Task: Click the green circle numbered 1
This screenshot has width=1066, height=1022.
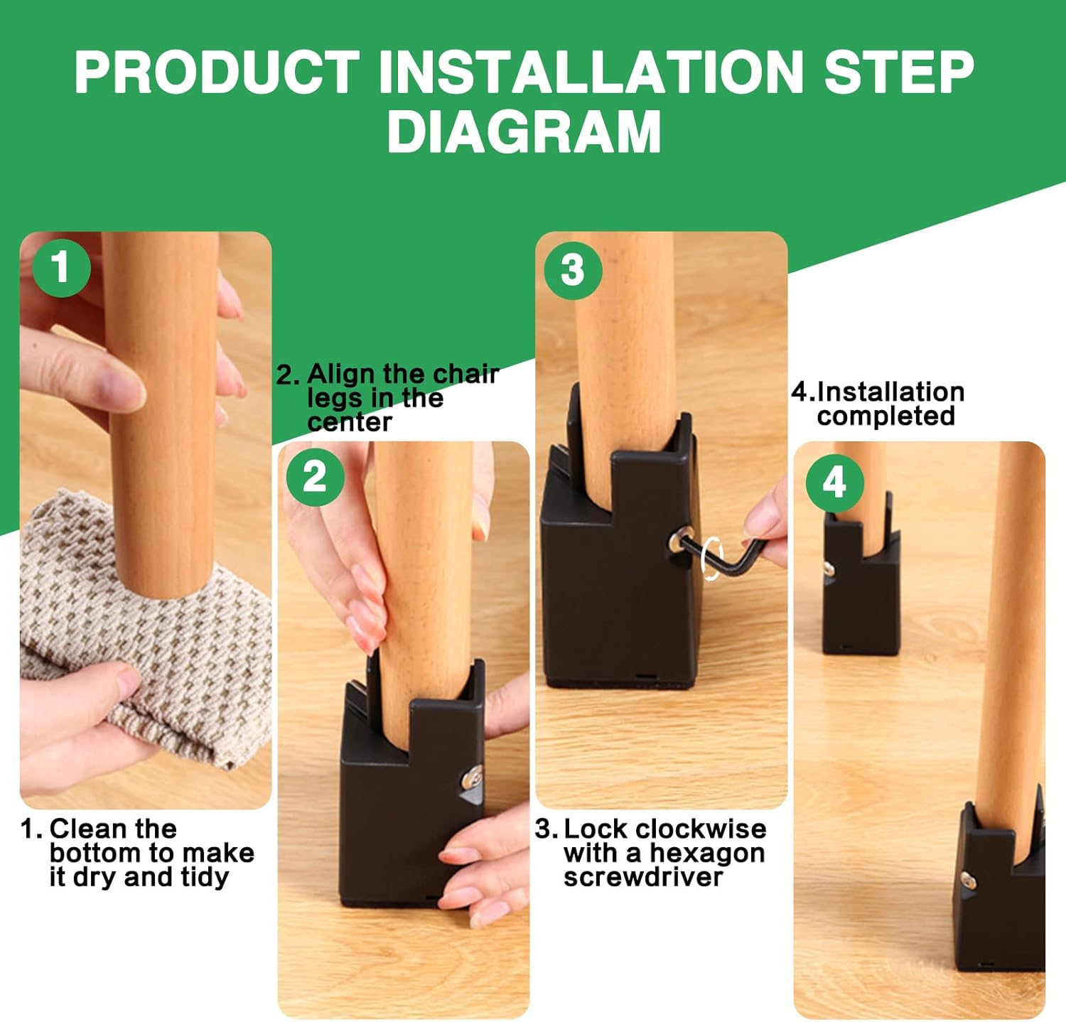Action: tap(61, 268)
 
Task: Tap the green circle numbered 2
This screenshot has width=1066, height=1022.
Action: tap(316, 477)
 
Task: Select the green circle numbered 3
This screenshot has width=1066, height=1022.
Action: tap(573, 270)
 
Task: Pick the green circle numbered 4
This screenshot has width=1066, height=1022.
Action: tap(834, 483)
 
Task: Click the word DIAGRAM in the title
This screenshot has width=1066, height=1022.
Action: tap(524, 132)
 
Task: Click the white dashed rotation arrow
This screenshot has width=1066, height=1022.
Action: tap(711, 557)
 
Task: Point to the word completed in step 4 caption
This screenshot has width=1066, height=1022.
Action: tap(885, 416)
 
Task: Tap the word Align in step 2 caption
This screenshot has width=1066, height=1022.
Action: tap(340, 374)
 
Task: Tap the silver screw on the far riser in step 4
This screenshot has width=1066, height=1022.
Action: tap(829, 568)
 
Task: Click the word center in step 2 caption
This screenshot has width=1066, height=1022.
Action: tap(349, 422)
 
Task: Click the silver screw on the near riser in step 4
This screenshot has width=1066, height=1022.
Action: tap(969, 881)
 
